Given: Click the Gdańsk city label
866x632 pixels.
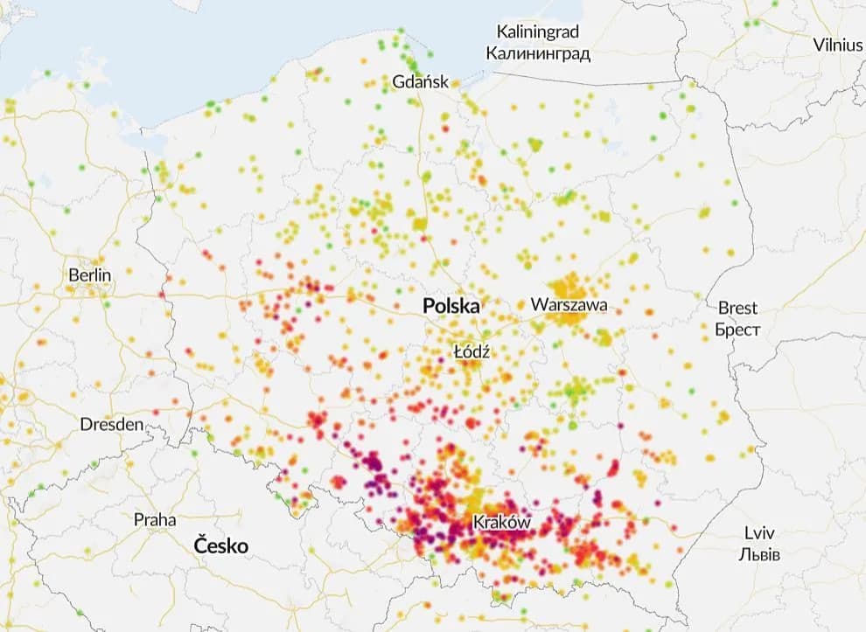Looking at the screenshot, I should point(421,82).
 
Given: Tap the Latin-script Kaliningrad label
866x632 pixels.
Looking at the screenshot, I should point(538,32).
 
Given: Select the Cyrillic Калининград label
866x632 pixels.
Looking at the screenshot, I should point(538,53).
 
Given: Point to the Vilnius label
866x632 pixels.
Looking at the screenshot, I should point(837,45).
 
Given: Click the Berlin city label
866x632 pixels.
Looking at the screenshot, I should point(90,275).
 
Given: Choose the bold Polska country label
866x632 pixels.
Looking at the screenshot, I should point(451,306).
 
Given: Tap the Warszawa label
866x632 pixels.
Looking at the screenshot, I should point(569,305).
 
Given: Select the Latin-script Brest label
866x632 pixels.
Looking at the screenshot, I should point(737,308).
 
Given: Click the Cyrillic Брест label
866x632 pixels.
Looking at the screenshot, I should point(737,330).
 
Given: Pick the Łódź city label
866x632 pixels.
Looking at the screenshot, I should point(471,351).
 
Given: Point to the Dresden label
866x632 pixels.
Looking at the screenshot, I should point(111,424).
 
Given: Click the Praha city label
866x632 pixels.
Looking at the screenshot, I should point(154,519).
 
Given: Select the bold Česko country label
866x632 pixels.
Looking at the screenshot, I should point(221,546).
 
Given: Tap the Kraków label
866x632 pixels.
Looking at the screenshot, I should point(501,523).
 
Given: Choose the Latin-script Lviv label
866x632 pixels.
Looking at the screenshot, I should point(759,533).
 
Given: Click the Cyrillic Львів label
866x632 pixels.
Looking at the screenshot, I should point(759,555).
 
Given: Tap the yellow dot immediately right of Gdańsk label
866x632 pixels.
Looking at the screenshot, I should point(457,84).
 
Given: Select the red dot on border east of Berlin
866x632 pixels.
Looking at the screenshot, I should point(164,294).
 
